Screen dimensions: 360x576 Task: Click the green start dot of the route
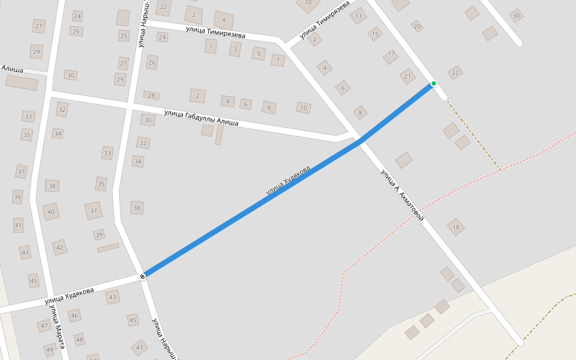pyautogui.click(x=433, y=83)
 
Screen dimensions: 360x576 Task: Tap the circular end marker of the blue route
pyautogui.click(x=142, y=277)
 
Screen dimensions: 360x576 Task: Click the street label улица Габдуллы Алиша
pyautogui.click(x=201, y=118)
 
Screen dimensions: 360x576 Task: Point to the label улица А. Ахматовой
pyautogui.click(x=402, y=196)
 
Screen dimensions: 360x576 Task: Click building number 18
pyautogui.click(x=456, y=227)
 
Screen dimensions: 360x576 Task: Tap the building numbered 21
pyautogui.click(x=408, y=76)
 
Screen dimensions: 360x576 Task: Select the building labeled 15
pyautogui.click(x=376, y=34)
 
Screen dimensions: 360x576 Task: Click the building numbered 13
pyautogui.click(x=359, y=16)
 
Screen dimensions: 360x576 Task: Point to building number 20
pyautogui.click(x=417, y=26)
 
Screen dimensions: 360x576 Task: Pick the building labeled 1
pyautogui.click(x=211, y=46)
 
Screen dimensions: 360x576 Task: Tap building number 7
pyautogui.click(x=277, y=60)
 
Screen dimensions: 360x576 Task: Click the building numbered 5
pyautogui.click(x=259, y=53)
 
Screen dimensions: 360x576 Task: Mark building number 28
pyautogui.click(x=151, y=95)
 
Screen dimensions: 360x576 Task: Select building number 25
pyautogui.click(x=124, y=36)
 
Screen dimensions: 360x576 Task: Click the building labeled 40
pyautogui.click(x=51, y=211)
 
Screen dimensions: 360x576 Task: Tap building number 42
pyautogui.click(x=59, y=247)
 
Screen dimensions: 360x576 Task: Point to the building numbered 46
pyautogui.click(x=74, y=316)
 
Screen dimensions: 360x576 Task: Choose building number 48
pyautogui.click(x=79, y=340)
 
